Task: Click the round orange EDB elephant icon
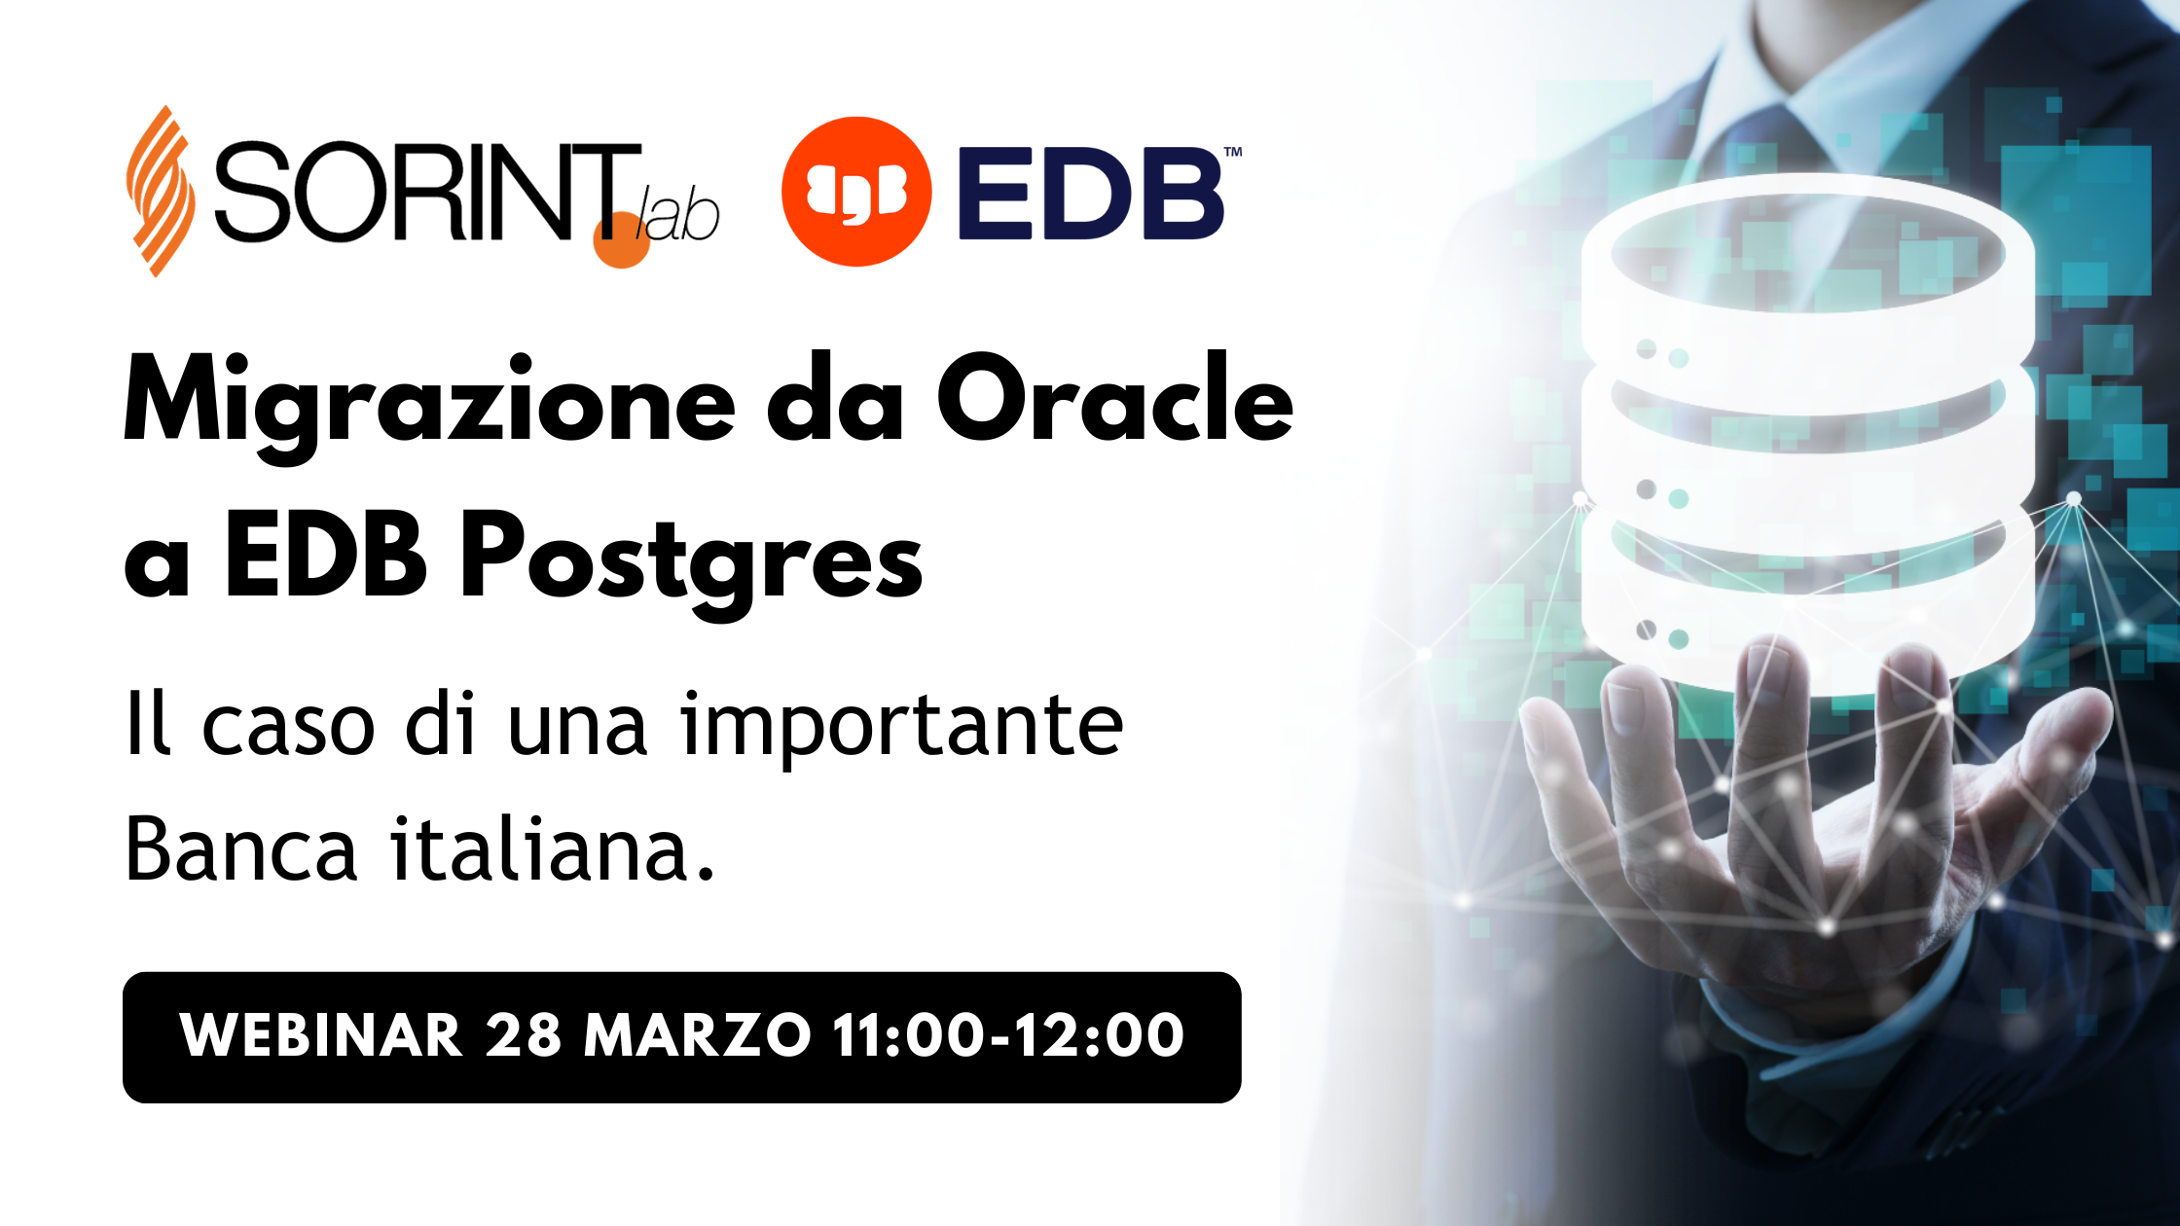coord(856,192)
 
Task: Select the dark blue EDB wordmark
coord(1090,194)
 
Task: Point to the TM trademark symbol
coord(1232,153)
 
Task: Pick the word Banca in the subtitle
coord(241,849)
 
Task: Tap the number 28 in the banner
coord(523,1035)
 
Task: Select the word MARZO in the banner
coord(697,1035)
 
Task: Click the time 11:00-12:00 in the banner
coord(1008,1035)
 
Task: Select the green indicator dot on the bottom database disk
coord(1679,639)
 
